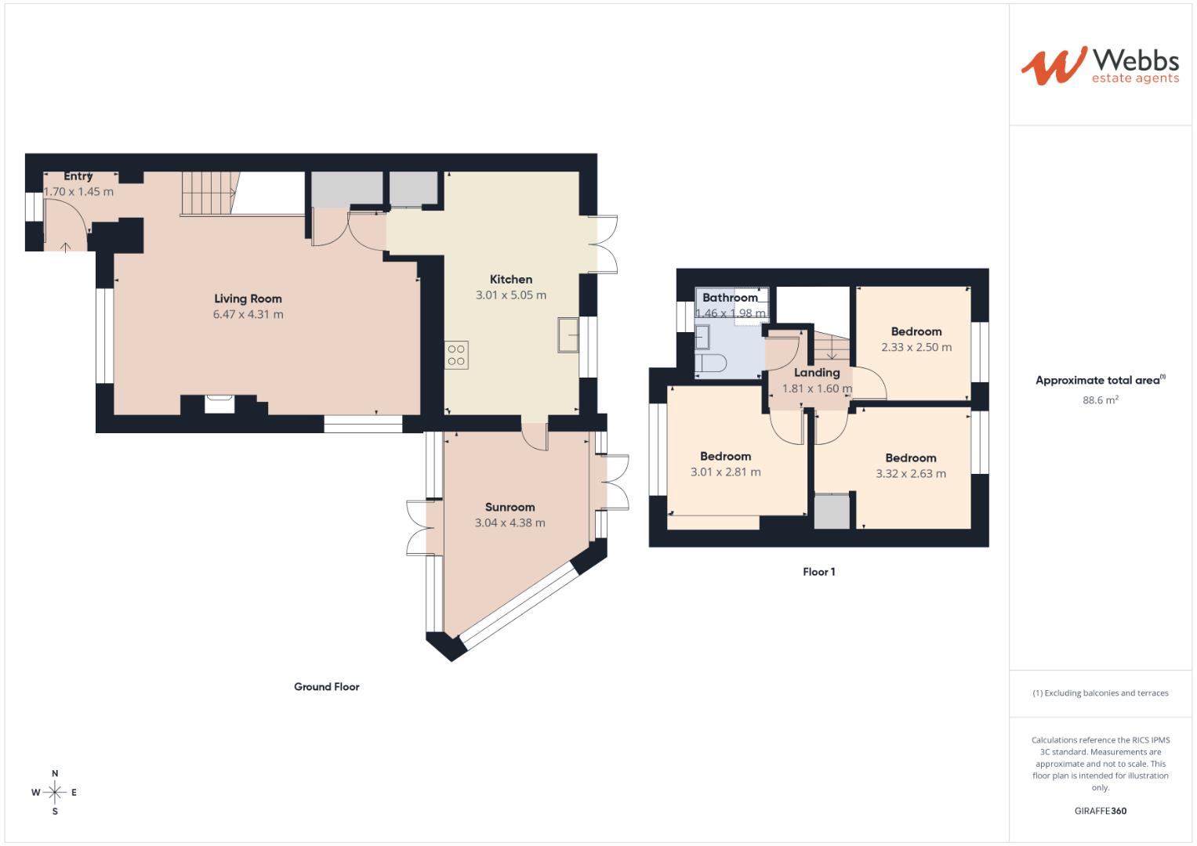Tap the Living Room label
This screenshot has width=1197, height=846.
[x=248, y=298]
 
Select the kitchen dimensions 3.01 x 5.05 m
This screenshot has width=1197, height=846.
[x=510, y=295]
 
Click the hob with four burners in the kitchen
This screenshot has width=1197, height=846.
[x=456, y=355]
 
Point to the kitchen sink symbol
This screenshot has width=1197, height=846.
[x=568, y=335]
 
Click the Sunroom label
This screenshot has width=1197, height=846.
[x=510, y=507]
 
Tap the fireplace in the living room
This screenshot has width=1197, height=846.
[x=219, y=403]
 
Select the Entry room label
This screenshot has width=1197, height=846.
[x=78, y=176]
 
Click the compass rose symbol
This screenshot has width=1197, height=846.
[x=55, y=793]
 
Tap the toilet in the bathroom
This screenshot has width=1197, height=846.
[x=712, y=363]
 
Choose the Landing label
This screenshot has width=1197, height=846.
[x=817, y=373]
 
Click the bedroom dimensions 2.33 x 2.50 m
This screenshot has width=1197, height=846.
[x=916, y=347]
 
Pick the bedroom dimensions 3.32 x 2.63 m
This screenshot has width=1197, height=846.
[x=910, y=473]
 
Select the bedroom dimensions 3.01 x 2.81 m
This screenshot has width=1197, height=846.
[x=725, y=472]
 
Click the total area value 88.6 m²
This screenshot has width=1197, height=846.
[x=1100, y=399]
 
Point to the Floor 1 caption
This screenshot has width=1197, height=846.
[x=818, y=572]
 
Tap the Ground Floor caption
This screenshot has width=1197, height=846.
[x=326, y=687]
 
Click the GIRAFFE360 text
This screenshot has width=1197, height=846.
[x=1100, y=811]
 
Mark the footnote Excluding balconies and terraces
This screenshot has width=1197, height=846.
[x=1100, y=693]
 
